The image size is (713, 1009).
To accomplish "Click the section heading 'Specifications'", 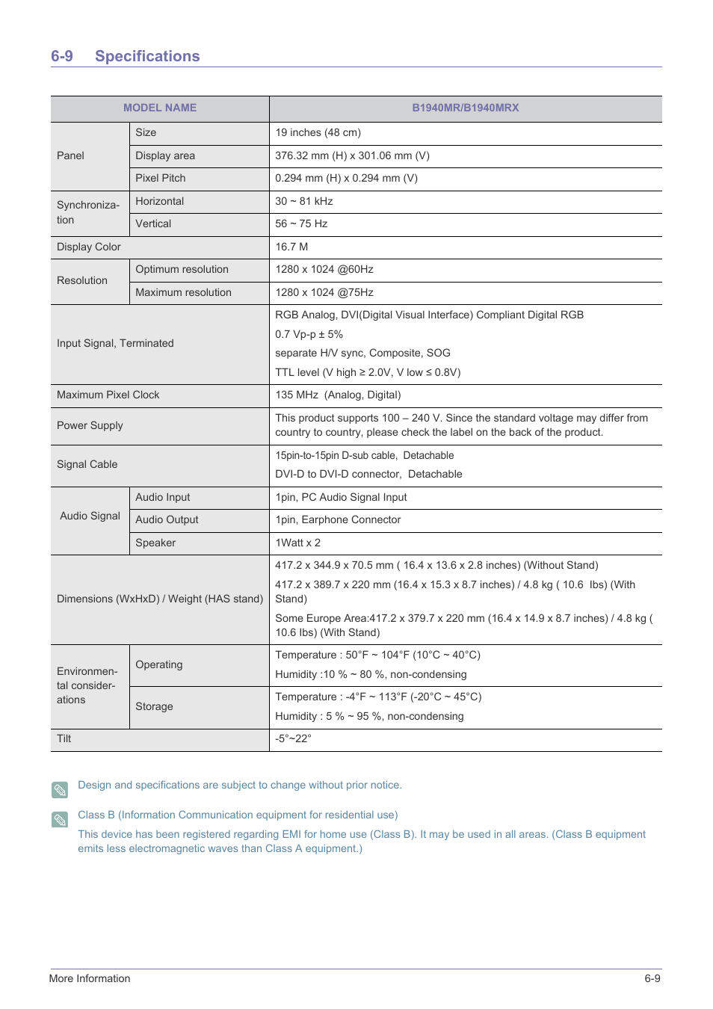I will point(147,56).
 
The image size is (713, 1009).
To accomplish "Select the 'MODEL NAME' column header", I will point(160,108).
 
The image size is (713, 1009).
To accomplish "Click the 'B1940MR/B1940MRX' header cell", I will point(465,108).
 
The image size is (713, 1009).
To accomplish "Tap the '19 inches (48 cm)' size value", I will point(318,132).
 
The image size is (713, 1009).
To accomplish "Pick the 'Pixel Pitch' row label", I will point(161,178).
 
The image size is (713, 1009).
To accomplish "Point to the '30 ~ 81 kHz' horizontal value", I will point(303,201).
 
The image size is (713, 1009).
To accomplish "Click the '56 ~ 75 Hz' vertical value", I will point(301,223).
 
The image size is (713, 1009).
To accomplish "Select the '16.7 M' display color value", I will point(291,247).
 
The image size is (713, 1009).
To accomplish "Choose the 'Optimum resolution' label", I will point(182,269).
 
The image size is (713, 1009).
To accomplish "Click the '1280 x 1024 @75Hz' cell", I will point(324,292).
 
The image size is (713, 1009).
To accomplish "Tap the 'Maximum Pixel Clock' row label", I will point(108,395).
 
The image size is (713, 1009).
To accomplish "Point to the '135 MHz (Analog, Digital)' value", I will point(338,395).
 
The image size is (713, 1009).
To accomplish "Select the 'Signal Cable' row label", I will point(87,464).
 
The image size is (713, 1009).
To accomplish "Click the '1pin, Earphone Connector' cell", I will point(338,519).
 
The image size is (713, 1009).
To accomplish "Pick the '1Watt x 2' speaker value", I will point(297,543).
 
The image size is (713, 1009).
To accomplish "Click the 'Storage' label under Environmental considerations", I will point(154,706).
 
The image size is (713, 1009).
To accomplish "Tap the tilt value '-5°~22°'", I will point(293,738).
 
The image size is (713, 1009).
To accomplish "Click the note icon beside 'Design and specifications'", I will point(60,789).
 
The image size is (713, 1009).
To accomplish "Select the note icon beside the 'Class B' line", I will point(60,819).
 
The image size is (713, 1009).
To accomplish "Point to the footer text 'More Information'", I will point(90,978).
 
